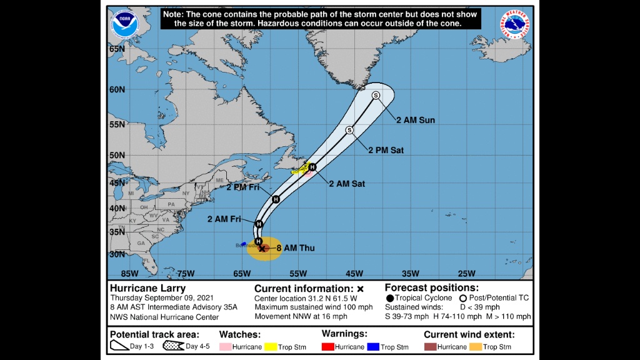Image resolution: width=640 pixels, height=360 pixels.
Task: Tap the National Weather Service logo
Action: point(515,24)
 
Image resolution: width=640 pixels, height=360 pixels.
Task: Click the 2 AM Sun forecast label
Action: point(415,120)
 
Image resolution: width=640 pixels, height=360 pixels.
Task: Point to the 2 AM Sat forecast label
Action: point(347,183)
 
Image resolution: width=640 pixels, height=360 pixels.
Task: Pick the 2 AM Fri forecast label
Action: point(224,219)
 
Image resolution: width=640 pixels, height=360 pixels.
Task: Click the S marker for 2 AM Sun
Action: point(376,95)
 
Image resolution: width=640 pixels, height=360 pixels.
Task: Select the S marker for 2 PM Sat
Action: point(349,130)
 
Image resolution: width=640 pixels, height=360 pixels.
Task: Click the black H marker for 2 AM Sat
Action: point(312,167)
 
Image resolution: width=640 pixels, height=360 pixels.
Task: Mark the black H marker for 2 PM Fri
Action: point(276,199)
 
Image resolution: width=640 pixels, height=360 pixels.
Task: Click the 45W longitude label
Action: point(354,273)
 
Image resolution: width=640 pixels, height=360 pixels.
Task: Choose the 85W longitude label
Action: point(129,273)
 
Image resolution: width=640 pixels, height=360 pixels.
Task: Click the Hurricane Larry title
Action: point(147,288)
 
